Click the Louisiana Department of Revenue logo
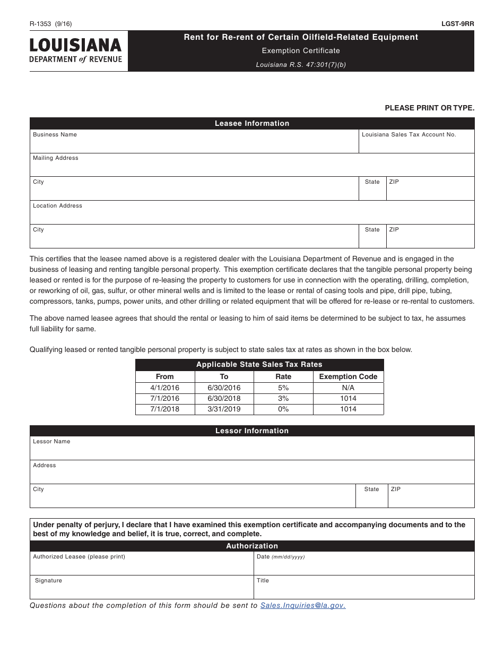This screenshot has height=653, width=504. click(75, 51)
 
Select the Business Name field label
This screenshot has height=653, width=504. click(55, 135)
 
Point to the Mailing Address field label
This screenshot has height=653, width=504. click(55, 158)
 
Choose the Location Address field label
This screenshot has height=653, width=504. click(57, 206)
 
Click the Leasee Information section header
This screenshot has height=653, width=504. click(252, 124)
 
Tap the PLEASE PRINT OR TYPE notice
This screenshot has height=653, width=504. click(429, 108)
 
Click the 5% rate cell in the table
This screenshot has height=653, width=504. click(283, 388)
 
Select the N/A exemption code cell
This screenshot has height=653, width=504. click(348, 388)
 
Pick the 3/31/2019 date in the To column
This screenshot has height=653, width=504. click(224, 409)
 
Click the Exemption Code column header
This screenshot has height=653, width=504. click(348, 376)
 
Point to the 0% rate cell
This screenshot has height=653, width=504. click(283, 409)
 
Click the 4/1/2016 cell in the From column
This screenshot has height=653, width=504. click(165, 388)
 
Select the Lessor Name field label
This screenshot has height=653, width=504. click(51, 442)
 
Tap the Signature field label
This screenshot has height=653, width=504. click(48, 581)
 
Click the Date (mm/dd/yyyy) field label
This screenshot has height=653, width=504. click(281, 557)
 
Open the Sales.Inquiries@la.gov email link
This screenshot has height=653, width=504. click(302, 606)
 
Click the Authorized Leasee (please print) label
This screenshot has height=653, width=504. click(79, 557)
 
